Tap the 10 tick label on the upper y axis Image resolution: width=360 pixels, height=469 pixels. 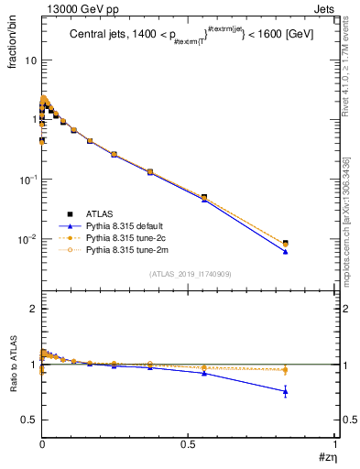click(29, 60)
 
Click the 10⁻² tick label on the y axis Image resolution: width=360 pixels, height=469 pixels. click(27, 239)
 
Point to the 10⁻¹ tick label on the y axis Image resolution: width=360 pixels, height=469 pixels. click(27, 180)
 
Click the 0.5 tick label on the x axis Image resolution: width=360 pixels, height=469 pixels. click(188, 445)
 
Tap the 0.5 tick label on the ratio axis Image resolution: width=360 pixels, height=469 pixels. click(29, 420)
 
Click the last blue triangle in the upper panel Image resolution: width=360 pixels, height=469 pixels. click(286, 251)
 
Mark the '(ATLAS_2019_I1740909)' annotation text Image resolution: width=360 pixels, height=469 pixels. click(190, 274)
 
